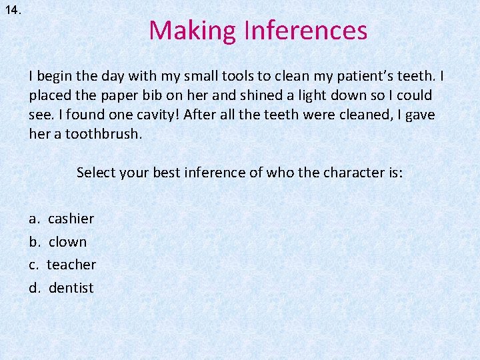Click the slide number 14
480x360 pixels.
point(13,11)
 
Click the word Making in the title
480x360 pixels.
point(193,31)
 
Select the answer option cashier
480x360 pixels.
point(71,219)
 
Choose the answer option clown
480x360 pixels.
point(67,241)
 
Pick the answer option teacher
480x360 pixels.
point(71,265)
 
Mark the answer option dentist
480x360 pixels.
point(71,288)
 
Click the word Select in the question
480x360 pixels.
point(95,173)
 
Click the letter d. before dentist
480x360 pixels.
point(34,288)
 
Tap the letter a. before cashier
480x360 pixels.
point(34,219)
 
